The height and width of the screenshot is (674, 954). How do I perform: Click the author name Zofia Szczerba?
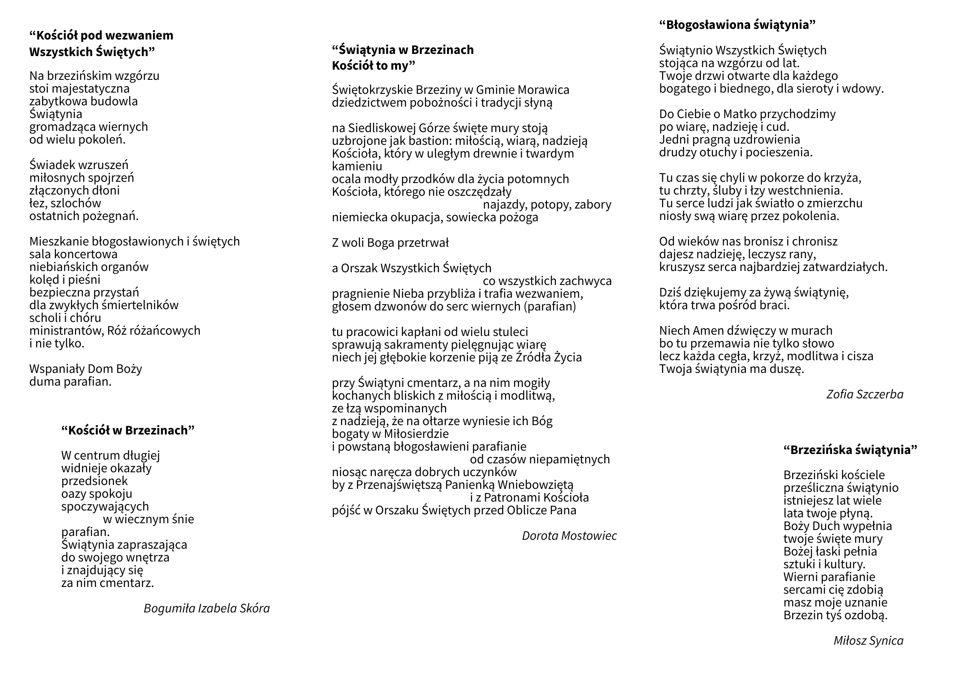point(865,395)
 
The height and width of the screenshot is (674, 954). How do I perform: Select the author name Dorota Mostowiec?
point(569,536)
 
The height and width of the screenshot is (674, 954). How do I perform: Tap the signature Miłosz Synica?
point(868,640)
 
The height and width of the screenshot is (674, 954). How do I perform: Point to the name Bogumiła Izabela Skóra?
point(207,608)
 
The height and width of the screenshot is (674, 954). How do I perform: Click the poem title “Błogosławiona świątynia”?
point(737,25)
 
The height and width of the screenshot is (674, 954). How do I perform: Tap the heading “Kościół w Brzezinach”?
point(127,430)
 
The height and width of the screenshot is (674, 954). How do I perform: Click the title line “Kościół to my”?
point(373,66)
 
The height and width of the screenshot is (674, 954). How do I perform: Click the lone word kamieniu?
point(357,166)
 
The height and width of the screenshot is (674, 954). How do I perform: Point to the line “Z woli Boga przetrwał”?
point(390,243)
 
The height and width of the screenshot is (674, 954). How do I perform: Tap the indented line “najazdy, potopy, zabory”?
point(547,204)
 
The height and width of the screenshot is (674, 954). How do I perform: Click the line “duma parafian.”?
point(71,381)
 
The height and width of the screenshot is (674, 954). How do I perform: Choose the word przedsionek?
point(94,481)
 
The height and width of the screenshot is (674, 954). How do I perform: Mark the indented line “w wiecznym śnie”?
point(148,519)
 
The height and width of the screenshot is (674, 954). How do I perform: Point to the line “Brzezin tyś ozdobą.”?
point(835,615)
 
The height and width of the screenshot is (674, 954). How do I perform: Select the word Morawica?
point(544,90)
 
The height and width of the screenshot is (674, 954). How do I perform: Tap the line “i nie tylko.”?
point(57,343)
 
